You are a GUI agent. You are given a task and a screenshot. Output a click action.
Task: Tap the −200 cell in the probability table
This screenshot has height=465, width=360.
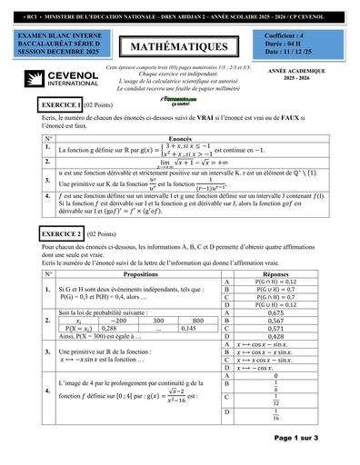(118, 321)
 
